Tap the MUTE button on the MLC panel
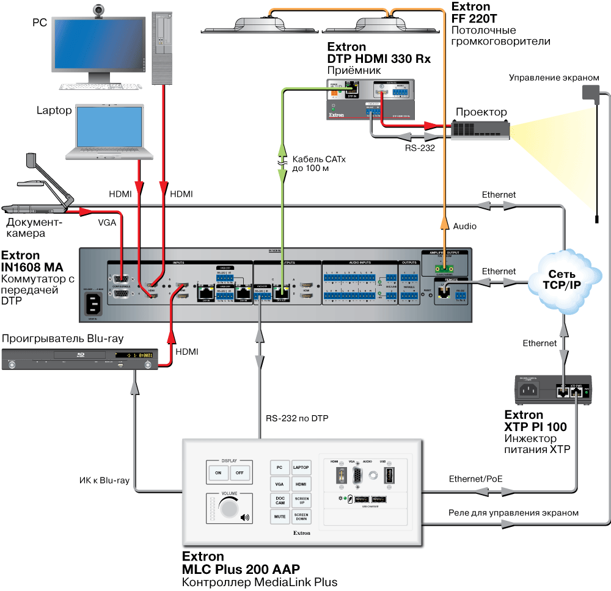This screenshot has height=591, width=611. (x=279, y=517)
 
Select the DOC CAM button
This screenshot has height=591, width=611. (x=279, y=500)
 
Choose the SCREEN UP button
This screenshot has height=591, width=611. (x=301, y=500)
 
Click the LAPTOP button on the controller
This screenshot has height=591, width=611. (x=301, y=468)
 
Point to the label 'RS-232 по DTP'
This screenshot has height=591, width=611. (x=291, y=419)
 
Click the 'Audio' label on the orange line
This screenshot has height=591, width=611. (x=464, y=226)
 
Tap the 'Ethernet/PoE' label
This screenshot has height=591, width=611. (x=475, y=479)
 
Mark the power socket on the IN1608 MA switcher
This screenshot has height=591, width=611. (x=93, y=302)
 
